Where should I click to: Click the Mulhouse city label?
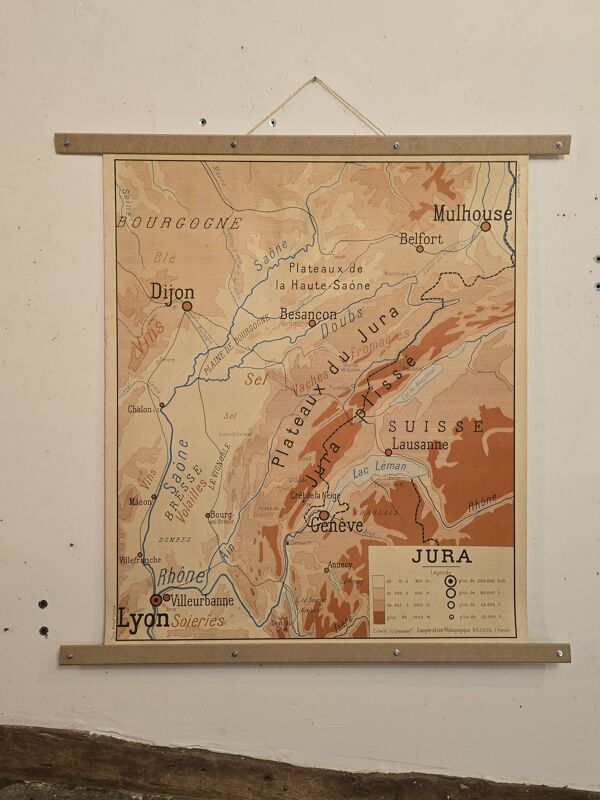tap(471, 213)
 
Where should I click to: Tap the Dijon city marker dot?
tap(187, 305)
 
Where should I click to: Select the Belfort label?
tap(421, 239)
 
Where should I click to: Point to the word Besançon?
tap(308, 313)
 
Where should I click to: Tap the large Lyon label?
tap(143, 618)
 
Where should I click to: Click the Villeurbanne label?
tap(202, 601)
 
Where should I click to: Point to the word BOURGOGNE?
tap(180, 223)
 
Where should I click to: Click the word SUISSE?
tap(436, 426)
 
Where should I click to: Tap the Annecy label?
tap(340, 564)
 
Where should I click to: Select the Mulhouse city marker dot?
tap(486, 226)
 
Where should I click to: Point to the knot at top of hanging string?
tap(314, 80)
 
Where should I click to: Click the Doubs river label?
tap(343, 317)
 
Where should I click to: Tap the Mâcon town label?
tap(139, 501)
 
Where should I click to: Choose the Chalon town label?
tap(140, 409)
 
